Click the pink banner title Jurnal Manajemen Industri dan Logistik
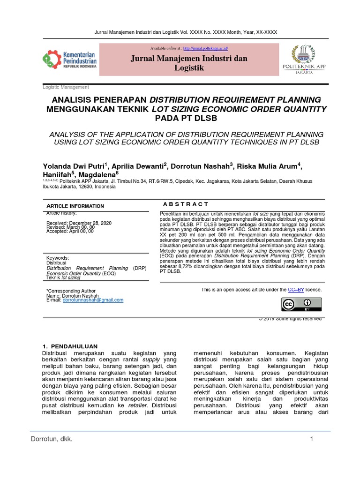tap(188, 63)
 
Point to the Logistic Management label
tap(66, 87)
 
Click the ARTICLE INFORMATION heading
tap(75, 206)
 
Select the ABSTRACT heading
tap(186, 204)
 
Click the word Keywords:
tap(58, 258)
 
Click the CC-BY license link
tap(296, 290)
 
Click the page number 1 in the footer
tap(311, 439)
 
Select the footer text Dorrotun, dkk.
tap(52, 439)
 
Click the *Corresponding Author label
tap(71, 291)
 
